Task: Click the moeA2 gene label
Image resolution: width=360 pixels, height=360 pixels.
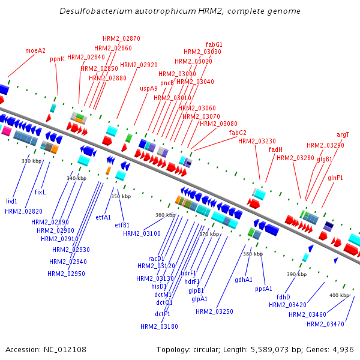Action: coord(35,50)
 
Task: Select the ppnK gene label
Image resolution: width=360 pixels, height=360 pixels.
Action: coord(57,59)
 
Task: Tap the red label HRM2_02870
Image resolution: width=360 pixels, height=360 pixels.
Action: coord(121,38)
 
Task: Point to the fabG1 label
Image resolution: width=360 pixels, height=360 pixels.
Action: coord(214,44)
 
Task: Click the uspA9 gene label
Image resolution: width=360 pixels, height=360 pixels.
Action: coord(149,88)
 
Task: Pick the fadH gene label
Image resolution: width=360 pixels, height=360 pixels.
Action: coord(275,149)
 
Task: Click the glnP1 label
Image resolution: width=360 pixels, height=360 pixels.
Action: coord(335,178)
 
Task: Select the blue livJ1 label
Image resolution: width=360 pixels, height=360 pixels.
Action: coord(12,201)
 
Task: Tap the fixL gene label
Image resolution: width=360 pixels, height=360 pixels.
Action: coord(40,192)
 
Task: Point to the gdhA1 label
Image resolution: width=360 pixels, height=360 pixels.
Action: coord(244,280)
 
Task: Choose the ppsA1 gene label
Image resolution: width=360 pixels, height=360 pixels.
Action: coord(264,289)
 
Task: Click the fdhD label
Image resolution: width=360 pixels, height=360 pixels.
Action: coord(283,296)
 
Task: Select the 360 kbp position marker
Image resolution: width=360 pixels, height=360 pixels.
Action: coord(165,215)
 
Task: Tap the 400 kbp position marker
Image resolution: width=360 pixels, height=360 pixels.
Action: coord(339,295)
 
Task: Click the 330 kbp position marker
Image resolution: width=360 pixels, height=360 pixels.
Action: coord(31,161)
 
